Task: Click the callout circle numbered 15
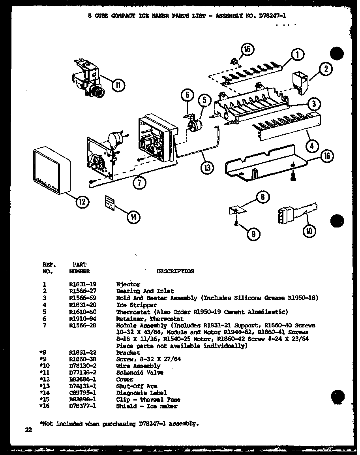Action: pos(247,49)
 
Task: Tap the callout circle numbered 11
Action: pos(118,85)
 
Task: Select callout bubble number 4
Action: pos(312,146)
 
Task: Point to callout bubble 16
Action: pos(327,157)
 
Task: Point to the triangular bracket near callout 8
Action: pos(236,210)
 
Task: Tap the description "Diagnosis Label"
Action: pos(141,393)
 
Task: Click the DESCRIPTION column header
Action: pos(175,271)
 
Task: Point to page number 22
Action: pos(28,430)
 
